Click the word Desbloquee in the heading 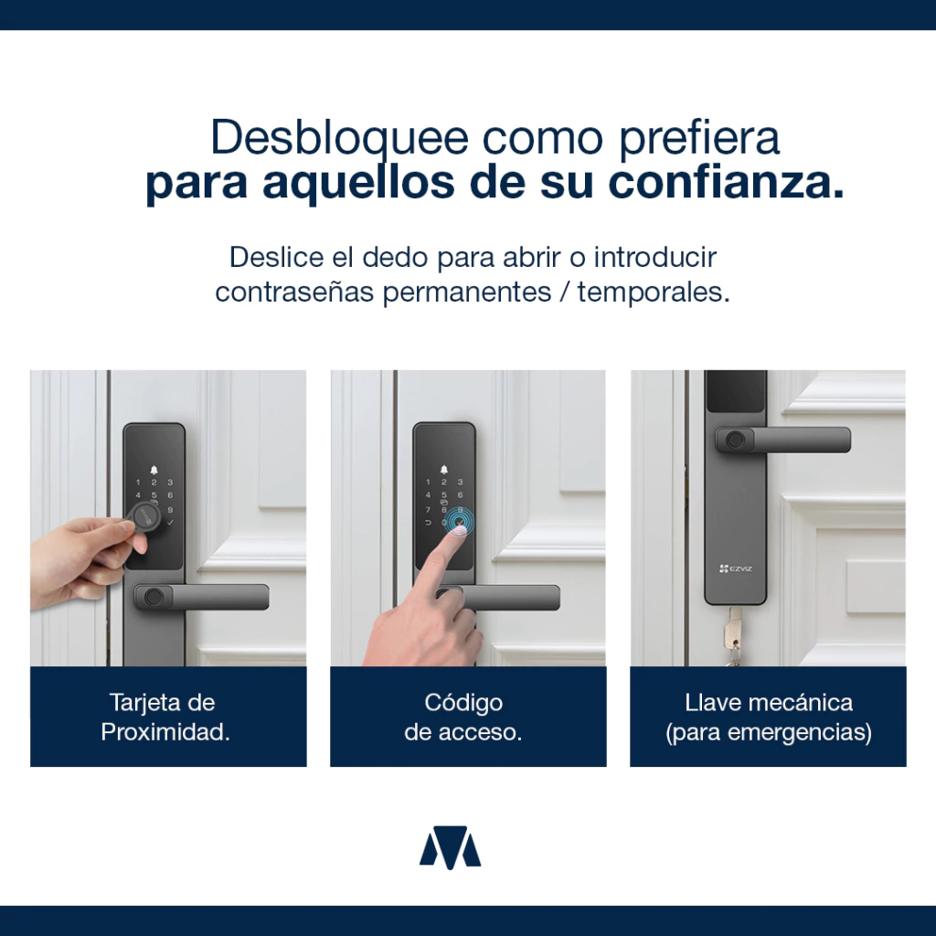339,139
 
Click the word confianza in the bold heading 726,182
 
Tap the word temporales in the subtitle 654,292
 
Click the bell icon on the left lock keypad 154,470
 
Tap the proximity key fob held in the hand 144,517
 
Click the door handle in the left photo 202,597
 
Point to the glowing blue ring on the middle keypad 459,520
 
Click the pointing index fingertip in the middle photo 458,531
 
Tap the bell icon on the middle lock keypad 443,470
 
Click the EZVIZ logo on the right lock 736,569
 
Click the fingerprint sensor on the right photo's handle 735,441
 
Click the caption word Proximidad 165,732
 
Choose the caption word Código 463,703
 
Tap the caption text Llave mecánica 768,703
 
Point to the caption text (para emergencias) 768,732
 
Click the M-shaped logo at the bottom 450,846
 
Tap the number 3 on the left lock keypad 170,483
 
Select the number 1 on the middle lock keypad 428,483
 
